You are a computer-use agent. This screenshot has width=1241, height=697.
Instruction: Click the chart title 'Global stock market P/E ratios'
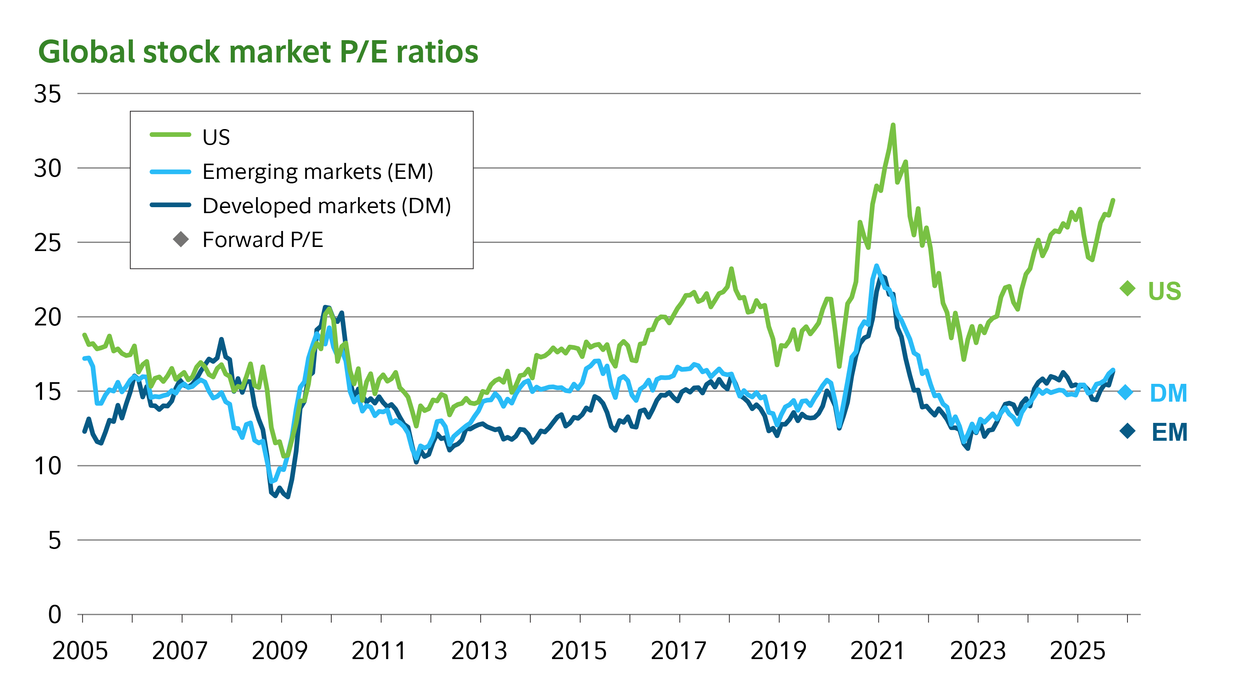tap(258, 52)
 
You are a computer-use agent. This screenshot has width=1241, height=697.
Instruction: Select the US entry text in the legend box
tap(216, 138)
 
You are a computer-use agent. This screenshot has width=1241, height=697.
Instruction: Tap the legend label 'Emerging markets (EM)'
tap(318, 172)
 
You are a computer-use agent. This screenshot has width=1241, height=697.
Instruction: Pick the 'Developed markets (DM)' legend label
tap(326, 206)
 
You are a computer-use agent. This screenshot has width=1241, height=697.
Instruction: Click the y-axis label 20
tap(48, 317)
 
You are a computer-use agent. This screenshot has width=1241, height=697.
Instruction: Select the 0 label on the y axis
tap(54, 615)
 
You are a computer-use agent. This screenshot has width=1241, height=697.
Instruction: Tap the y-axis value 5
tap(54, 540)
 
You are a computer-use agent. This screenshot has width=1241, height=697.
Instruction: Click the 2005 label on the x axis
tap(80, 651)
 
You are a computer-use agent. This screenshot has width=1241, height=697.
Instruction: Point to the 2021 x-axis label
tap(878, 651)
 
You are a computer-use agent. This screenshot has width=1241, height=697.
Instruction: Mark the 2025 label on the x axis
tap(1077, 651)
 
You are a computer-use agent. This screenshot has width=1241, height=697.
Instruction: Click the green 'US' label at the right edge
tap(1164, 291)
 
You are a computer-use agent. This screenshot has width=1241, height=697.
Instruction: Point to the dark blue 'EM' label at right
tap(1169, 432)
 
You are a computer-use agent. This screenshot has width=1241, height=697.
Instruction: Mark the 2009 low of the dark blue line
tap(288, 497)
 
